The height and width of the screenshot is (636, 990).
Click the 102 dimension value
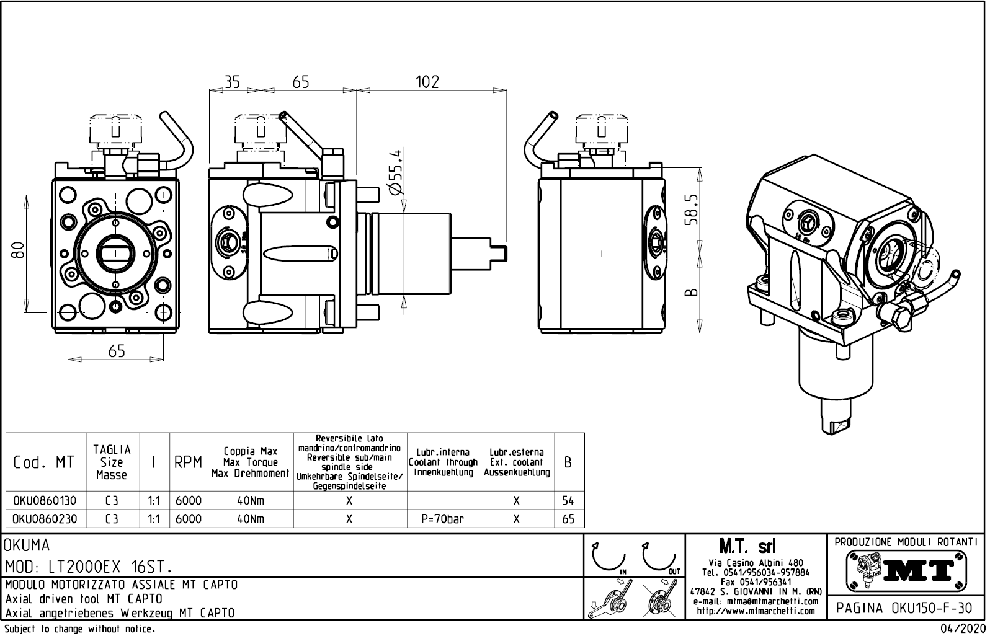tap(427, 82)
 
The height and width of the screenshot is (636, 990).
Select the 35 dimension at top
tap(232, 82)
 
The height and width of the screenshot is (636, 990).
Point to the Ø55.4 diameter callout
tap(395, 172)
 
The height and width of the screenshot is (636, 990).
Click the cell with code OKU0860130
tap(45, 501)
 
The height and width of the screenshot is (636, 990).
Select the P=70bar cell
tap(442, 519)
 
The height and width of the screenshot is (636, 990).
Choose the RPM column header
tap(188, 463)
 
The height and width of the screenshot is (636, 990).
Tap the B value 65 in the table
tap(568, 519)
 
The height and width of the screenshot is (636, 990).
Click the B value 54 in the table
tap(568, 501)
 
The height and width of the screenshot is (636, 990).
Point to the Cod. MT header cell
tap(43, 463)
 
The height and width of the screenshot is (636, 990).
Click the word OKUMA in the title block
tap(27, 545)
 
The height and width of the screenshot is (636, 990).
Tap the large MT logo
tap(906, 570)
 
